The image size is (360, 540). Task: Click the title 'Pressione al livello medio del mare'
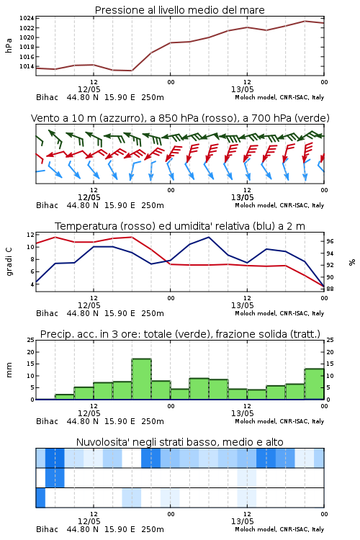point(179,10)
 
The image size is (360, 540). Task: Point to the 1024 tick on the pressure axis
point(27,18)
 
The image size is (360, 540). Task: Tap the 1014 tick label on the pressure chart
point(27,66)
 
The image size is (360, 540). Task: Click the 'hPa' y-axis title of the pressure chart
point(9,45)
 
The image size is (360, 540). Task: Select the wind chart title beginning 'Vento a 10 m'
point(180,118)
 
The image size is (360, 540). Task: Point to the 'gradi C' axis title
point(9,261)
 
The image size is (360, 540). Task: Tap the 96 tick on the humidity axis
point(330,241)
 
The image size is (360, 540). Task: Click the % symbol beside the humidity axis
point(352,262)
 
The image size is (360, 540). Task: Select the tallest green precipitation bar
point(142,379)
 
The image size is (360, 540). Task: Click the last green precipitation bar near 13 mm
point(314,384)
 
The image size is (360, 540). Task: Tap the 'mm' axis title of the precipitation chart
point(9,370)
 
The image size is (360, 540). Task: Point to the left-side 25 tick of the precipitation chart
point(31,340)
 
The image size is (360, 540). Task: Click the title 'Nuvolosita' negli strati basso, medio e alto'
point(180,442)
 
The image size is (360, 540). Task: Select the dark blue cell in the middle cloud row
point(55,477)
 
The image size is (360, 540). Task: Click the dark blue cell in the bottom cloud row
point(40,498)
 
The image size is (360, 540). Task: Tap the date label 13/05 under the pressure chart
point(243,89)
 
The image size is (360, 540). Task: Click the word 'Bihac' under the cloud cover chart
point(48,529)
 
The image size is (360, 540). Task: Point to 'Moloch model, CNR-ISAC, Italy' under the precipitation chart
point(279,421)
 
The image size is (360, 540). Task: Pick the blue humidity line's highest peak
point(209,237)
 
